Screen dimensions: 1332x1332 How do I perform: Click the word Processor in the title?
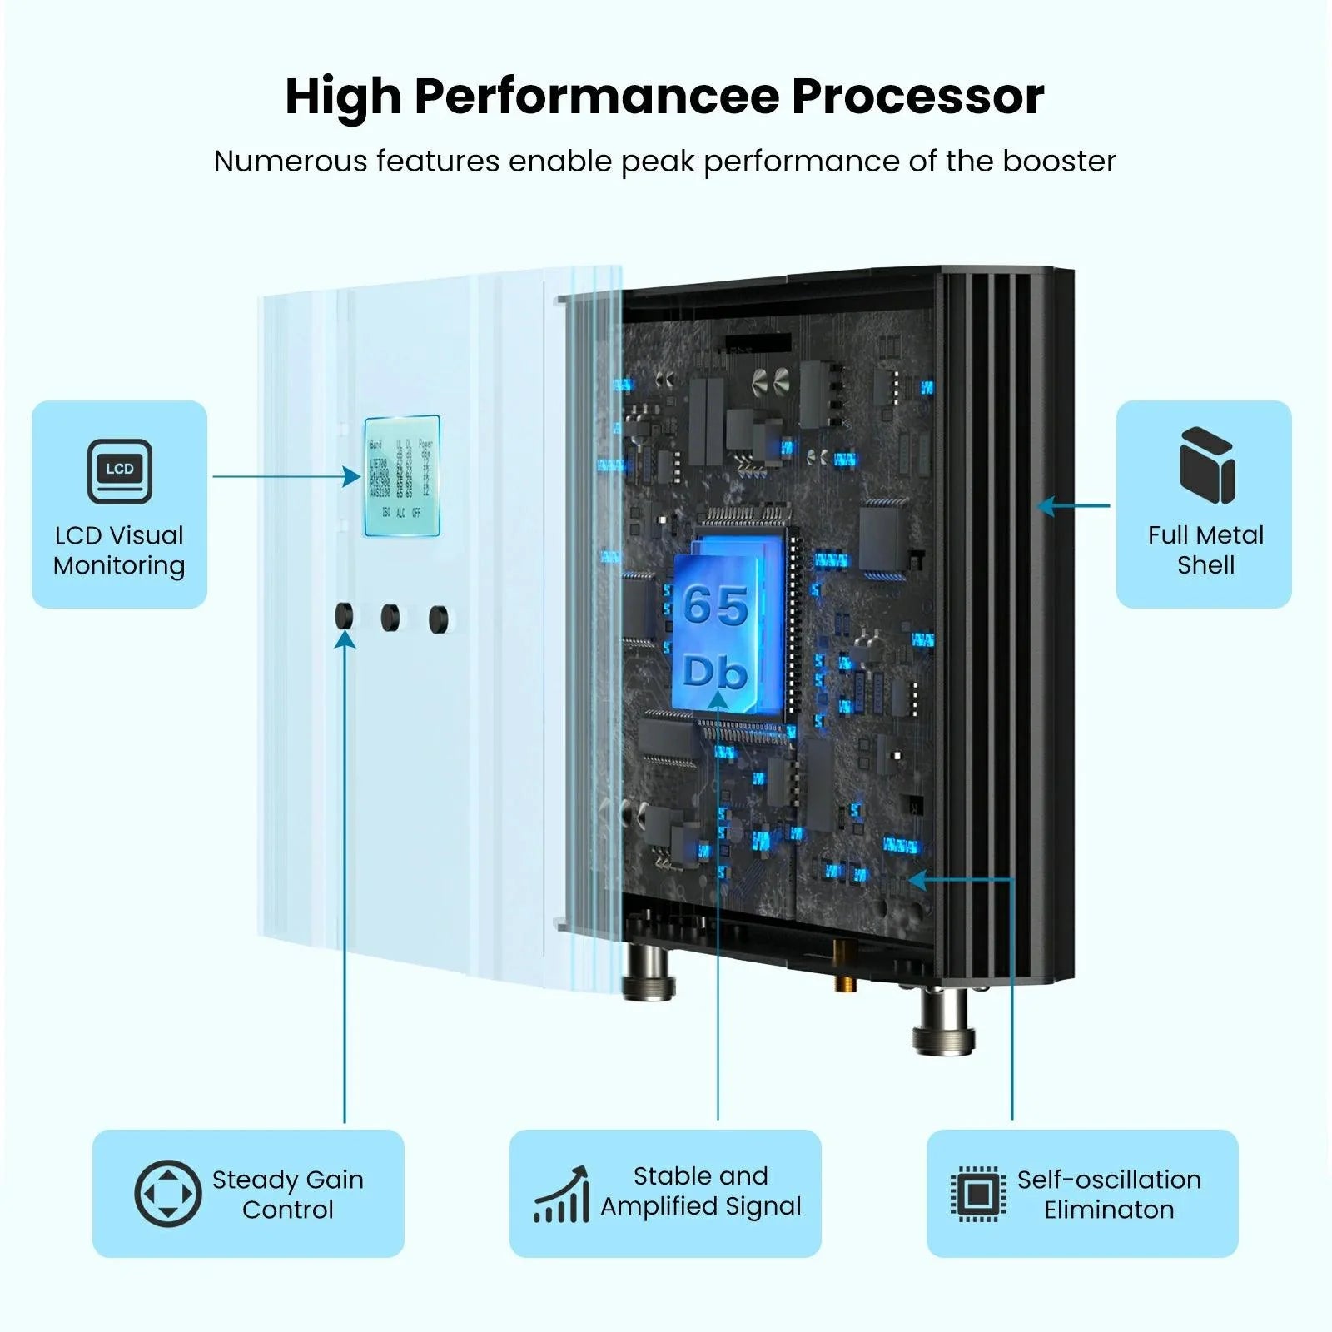917,97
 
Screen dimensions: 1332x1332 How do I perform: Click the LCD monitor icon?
120,471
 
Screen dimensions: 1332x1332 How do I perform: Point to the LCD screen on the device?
402,475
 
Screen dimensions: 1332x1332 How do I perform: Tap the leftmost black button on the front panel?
343,616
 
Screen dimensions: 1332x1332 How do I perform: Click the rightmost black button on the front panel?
438,619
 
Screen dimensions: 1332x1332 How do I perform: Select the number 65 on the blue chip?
715,605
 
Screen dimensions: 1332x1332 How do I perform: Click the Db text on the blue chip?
715,671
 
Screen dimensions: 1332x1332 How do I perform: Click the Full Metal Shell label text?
1205,549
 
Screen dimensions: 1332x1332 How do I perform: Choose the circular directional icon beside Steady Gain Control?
167,1194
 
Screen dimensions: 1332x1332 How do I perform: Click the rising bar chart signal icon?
562,1195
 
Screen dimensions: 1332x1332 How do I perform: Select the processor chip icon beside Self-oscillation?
978,1195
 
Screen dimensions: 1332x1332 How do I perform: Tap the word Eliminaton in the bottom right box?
1109,1210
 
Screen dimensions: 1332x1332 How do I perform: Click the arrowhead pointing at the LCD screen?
353,477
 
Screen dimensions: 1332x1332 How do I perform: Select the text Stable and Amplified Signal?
700,1191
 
